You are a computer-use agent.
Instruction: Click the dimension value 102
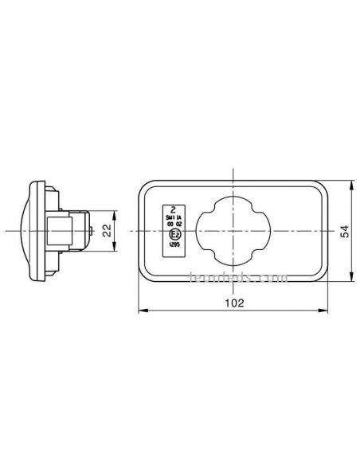point(233,303)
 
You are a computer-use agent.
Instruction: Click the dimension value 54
point(344,231)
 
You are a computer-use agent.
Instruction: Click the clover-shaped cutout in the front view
point(233,231)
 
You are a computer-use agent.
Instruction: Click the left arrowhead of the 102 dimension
point(141,311)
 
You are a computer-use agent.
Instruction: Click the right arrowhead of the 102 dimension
point(327,311)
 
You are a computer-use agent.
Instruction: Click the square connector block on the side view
point(65,231)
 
